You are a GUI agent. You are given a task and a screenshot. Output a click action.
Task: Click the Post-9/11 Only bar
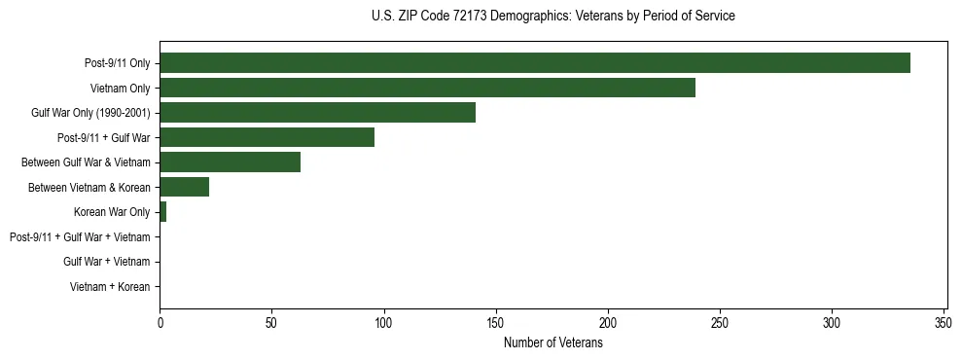pos(535,63)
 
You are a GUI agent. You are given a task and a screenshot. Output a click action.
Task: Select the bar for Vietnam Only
pos(427,89)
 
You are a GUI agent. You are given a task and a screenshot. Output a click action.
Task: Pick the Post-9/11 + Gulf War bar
pos(267,137)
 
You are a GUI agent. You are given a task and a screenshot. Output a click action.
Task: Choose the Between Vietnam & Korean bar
pos(184,187)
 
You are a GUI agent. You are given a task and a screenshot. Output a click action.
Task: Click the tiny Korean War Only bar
pos(162,212)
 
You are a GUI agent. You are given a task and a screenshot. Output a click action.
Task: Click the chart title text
pos(553,17)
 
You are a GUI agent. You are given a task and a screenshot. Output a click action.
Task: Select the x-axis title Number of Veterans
pos(553,343)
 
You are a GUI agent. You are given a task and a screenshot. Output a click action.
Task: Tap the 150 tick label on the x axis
pos(496,322)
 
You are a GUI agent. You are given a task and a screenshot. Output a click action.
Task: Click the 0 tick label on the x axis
pos(160,322)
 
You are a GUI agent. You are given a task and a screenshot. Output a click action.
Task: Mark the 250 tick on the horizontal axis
pos(720,322)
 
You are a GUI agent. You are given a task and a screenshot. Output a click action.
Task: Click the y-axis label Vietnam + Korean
pos(110,287)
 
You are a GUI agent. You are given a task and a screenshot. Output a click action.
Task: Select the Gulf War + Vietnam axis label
pos(107,262)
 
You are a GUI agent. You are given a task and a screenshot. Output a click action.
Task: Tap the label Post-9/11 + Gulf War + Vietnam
pos(80,237)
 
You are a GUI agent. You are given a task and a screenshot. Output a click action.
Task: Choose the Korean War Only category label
pos(112,212)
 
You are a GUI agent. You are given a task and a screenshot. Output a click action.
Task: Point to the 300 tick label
pos(832,322)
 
